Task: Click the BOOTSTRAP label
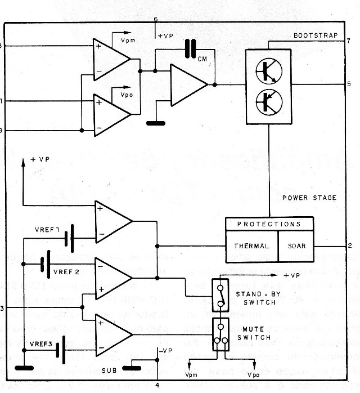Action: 316,35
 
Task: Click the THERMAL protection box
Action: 251,246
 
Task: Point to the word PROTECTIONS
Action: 269,224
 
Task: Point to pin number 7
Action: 349,42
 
